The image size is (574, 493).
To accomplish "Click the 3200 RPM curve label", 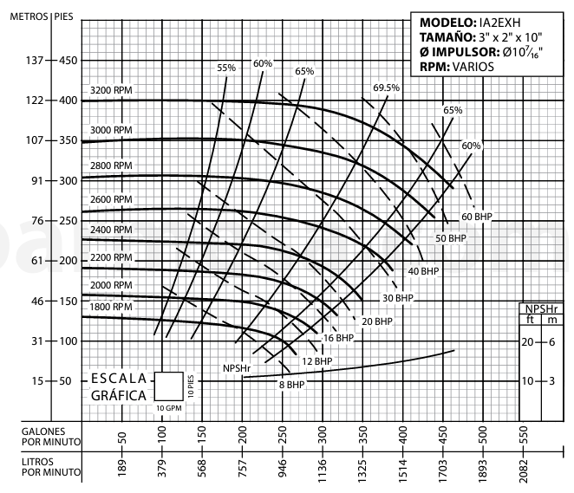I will click(x=110, y=91).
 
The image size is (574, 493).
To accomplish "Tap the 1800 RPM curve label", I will click(x=110, y=307).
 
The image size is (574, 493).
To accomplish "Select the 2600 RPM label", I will click(x=110, y=199).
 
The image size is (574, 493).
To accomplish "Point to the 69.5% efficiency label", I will click(x=386, y=88).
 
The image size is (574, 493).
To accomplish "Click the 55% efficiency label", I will click(x=226, y=68).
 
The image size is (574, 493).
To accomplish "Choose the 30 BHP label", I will click(x=398, y=298).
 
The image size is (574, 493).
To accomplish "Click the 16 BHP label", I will click(x=338, y=337).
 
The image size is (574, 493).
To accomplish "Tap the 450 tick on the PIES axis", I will click(x=67, y=61).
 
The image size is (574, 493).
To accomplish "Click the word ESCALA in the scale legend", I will click(x=120, y=379).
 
